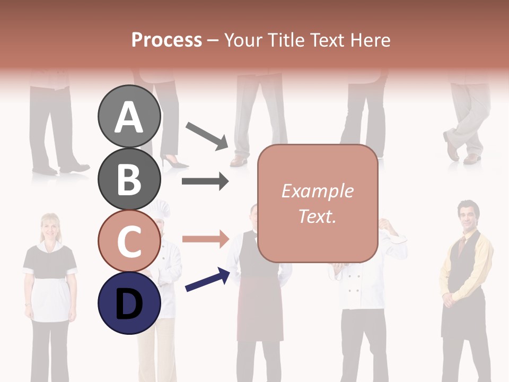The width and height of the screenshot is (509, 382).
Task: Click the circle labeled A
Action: (129, 117)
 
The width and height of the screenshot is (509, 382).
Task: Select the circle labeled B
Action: (129, 179)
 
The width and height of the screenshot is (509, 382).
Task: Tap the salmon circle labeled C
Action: (129, 241)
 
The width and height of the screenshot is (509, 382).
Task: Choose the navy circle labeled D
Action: (129, 303)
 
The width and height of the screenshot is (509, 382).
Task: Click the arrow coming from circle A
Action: (207, 135)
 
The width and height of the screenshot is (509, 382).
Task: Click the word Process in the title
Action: (166, 40)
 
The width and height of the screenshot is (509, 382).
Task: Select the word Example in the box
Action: (317, 191)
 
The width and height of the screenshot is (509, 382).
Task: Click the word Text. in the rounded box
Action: (317, 216)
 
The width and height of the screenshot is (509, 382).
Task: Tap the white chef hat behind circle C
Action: (159, 210)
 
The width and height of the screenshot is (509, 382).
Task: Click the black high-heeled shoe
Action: (174, 161)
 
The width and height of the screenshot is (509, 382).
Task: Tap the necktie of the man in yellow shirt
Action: (462, 246)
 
